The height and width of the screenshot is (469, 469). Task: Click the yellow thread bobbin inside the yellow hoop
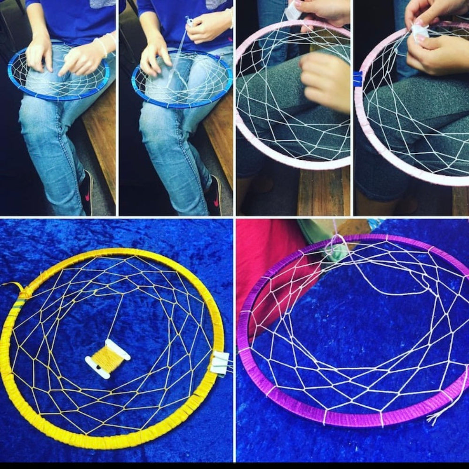tap(108, 359)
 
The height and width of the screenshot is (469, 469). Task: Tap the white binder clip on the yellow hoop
tap(219, 363)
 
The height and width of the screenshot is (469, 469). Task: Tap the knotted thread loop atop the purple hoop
tap(335, 244)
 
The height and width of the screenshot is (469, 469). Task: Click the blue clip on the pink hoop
tap(358, 79)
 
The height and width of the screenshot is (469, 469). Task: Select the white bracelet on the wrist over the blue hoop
tap(101, 47)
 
